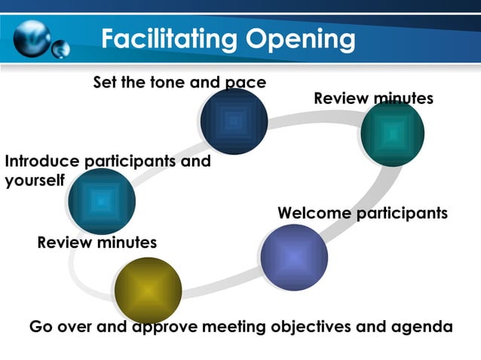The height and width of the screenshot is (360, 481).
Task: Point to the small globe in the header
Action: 60,48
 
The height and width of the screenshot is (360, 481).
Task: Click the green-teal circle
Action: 393,133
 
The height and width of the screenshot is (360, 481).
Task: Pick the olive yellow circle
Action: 148,290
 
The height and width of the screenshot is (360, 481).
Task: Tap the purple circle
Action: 294,258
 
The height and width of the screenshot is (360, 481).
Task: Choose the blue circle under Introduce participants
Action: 101,201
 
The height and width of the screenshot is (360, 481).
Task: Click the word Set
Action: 105,81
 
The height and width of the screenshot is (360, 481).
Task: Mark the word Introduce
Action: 41,161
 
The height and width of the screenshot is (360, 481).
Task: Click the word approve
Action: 161,327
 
